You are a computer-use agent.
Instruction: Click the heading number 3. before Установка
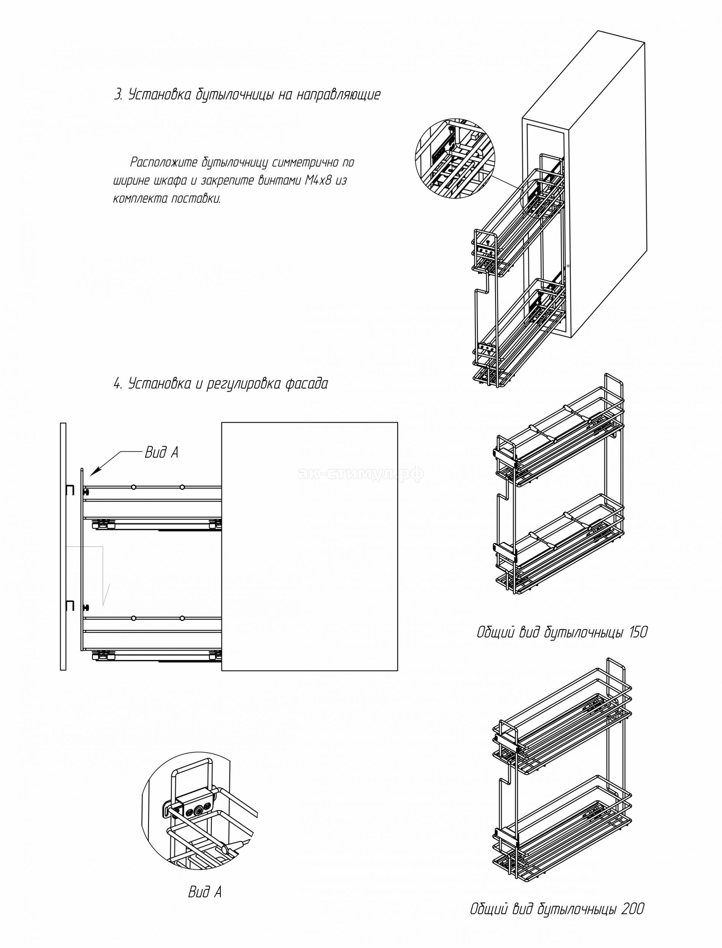118,95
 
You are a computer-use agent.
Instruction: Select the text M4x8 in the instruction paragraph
318,181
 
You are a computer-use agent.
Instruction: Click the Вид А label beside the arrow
161,452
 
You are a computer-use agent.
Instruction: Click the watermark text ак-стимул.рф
360,473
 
